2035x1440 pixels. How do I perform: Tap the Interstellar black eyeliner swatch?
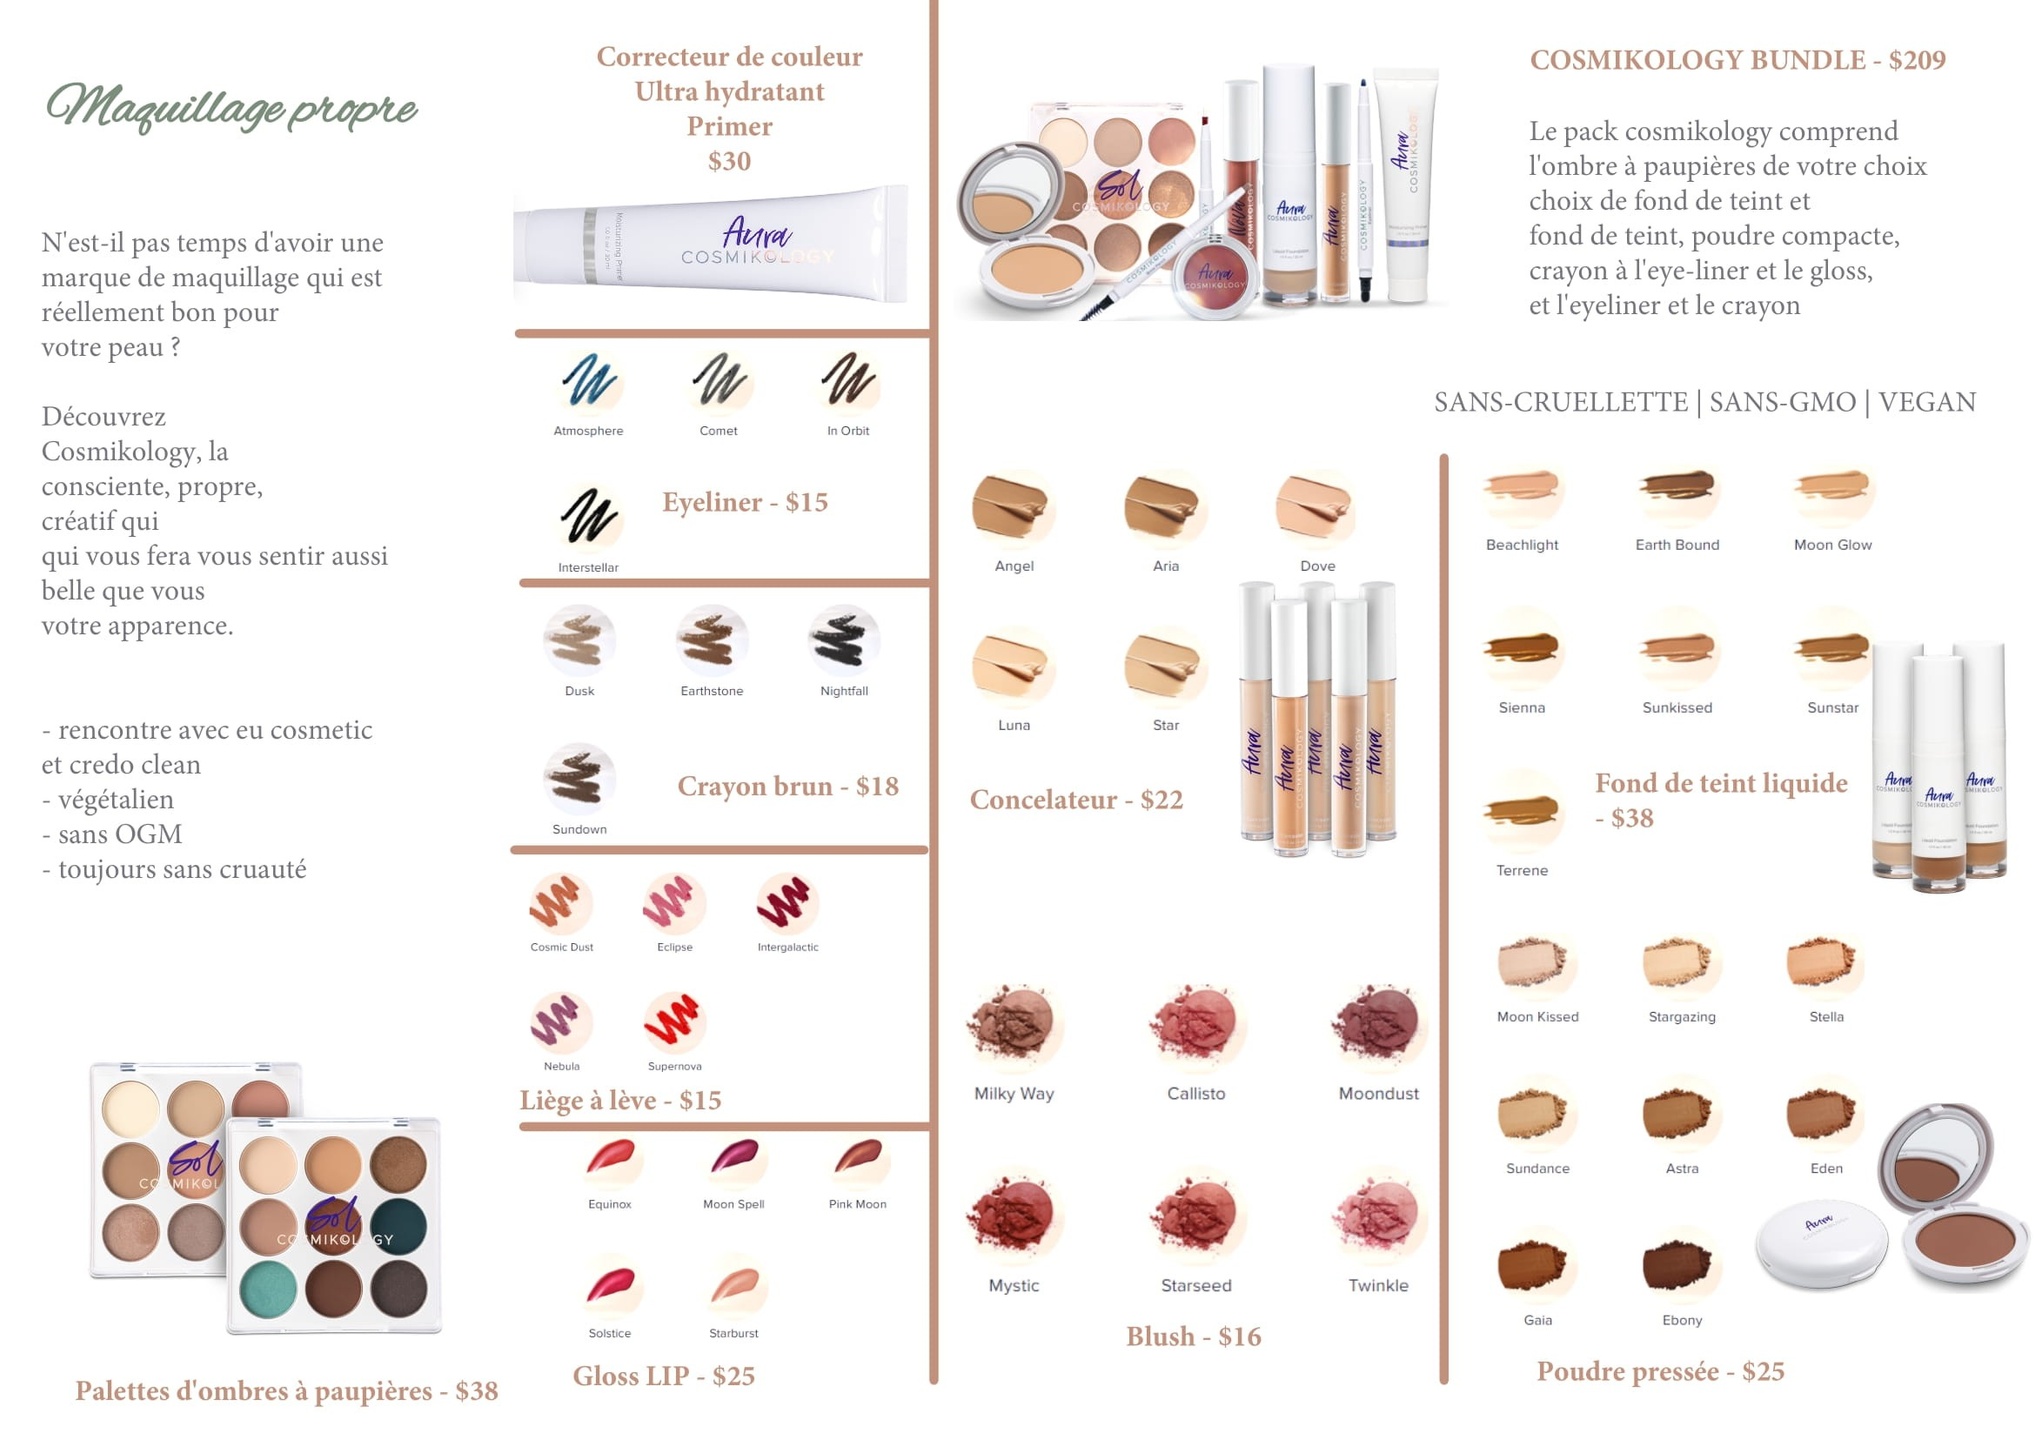(588, 517)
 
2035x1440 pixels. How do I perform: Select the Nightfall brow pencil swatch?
(843, 640)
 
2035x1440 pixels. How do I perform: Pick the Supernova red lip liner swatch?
(674, 1021)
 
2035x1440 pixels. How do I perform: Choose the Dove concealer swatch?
(1314, 506)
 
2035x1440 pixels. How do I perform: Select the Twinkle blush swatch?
(1378, 1214)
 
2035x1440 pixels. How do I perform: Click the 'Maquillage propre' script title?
(231, 108)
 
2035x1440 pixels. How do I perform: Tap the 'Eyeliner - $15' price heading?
(745, 502)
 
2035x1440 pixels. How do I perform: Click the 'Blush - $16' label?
(1193, 1336)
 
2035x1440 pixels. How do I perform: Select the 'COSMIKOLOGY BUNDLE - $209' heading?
(1737, 60)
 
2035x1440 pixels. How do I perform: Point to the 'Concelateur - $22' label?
(1076, 800)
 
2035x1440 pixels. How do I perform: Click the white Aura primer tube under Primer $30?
(712, 244)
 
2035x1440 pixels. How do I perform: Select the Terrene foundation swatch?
(1521, 811)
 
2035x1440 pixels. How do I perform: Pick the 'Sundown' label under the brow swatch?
(580, 829)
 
